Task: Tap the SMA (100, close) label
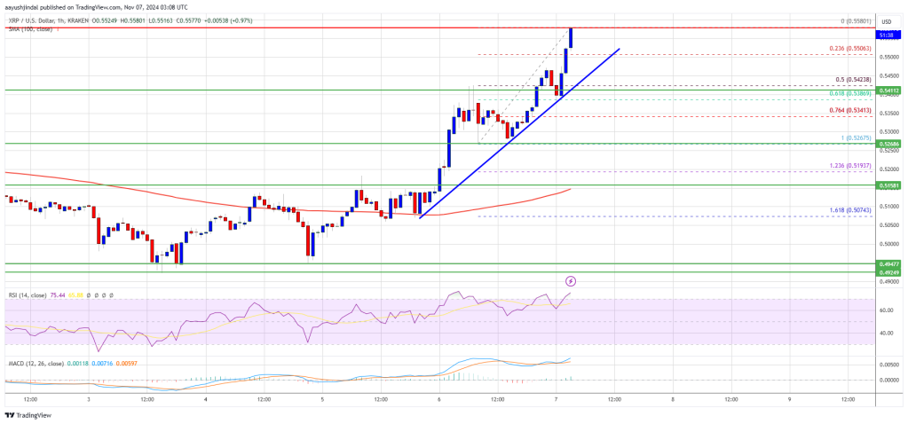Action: pyautogui.click(x=27, y=28)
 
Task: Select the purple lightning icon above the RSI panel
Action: pyautogui.click(x=571, y=281)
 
